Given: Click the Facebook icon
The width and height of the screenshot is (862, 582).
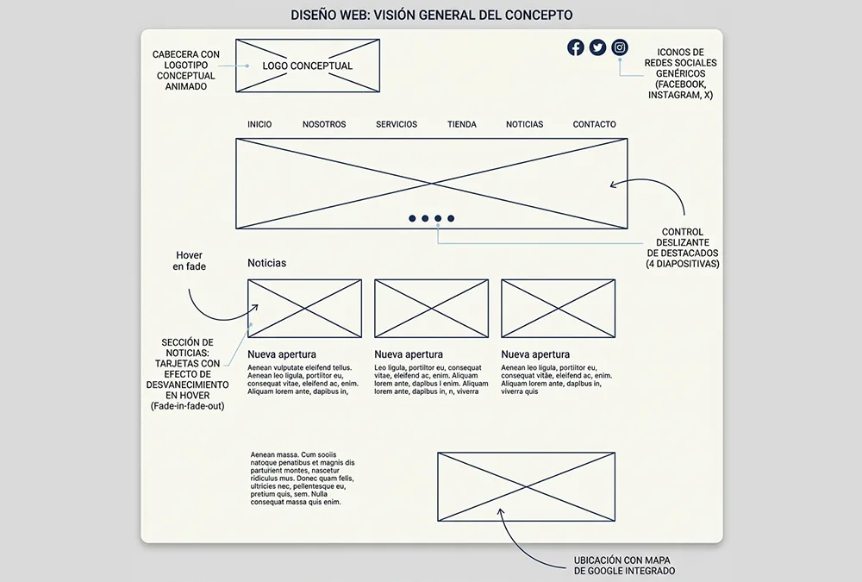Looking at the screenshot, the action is pyautogui.click(x=576, y=48).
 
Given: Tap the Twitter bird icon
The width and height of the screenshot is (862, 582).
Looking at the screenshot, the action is pyautogui.click(x=597, y=48).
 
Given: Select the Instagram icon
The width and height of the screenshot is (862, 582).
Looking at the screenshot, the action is pyautogui.click(x=620, y=48).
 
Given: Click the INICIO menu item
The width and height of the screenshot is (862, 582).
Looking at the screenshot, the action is pyautogui.click(x=259, y=124).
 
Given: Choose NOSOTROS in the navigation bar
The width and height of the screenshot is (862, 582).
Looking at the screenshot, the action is pyautogui.click(x=324, y=124).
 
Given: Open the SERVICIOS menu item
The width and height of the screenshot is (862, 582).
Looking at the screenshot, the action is pyautogui.click(x=397, y=124).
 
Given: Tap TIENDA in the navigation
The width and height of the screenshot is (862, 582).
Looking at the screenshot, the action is pyautogui.click(x=462, y=124).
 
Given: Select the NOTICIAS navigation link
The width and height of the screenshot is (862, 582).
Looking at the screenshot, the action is pyautogui.click(x=524, y=124).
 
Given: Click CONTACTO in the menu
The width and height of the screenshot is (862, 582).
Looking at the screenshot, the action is pyautogui.click(x=594, y=124).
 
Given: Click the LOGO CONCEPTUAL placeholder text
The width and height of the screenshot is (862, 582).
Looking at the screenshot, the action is pyautogui.click(x=308, y=66).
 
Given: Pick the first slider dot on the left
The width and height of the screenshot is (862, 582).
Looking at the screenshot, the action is pyautogui.click(x=412, y=218).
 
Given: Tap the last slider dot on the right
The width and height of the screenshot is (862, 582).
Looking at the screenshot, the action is pyautogui.click(x=451, y=218).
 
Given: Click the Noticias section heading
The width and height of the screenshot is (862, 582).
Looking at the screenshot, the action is pyautogui.click(x=266, y=263).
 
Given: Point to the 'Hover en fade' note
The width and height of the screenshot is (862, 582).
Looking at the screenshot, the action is pyautogui.click(x=189, y=260).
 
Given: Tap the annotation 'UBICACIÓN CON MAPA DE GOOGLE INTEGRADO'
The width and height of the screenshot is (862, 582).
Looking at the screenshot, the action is pyautogui.click(x=624, y=566).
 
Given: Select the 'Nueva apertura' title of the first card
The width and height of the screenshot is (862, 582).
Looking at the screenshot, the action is pyautogui.click(x=282, y=355).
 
